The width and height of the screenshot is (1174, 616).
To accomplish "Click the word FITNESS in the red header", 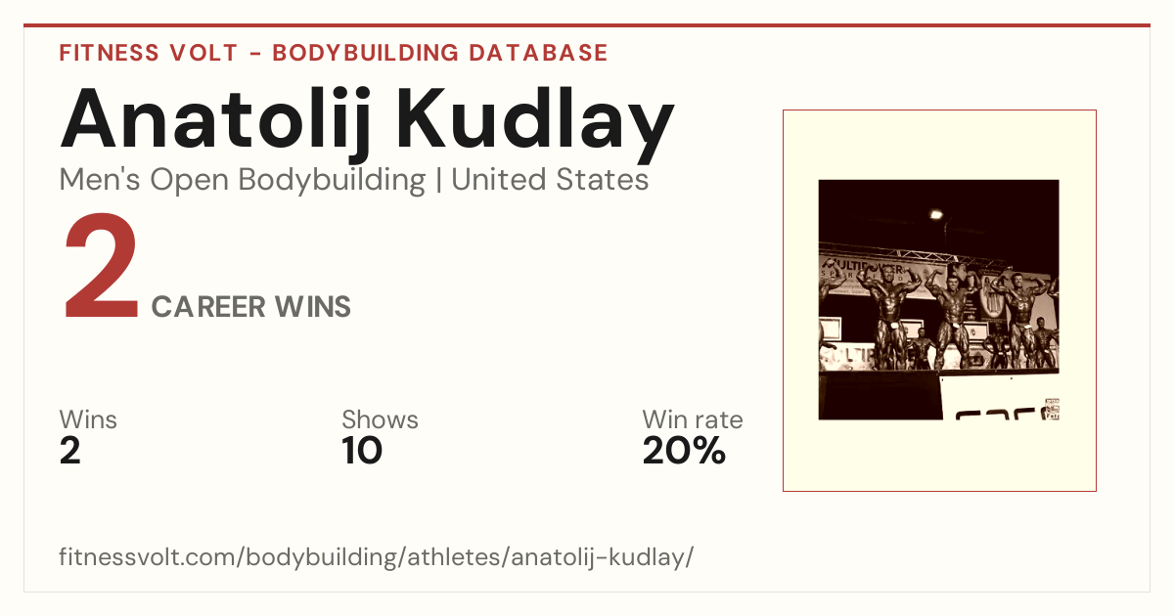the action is click(109, 53).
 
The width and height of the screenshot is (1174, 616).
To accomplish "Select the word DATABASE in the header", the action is click(538, 53).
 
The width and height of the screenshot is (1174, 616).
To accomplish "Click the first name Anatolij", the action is click(216, 121).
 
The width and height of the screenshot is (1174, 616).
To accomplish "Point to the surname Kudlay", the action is click(535, 121).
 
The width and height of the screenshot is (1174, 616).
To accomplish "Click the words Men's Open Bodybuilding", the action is click(243, 180).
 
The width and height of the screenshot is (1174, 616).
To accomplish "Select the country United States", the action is click(550, 179).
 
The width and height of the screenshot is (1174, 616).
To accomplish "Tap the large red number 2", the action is click(101, 265).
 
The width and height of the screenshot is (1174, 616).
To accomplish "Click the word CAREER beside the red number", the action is click(208, 307).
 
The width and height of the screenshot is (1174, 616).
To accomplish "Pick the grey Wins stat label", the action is click(88, 419).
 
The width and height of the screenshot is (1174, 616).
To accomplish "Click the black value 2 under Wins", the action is click(70, 451).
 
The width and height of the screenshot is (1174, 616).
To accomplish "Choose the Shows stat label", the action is click(380, 419).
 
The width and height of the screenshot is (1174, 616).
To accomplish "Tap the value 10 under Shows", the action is click(362, 451).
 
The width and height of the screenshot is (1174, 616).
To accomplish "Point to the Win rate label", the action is click(693, 419).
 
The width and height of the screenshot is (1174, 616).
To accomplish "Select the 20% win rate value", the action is click(685, 451).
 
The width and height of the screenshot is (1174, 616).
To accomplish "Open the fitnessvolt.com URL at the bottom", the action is click(377, 556).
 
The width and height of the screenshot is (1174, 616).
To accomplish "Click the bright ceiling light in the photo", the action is click(936, 214).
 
